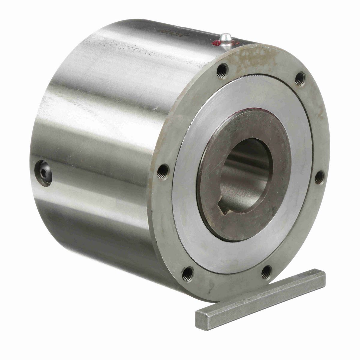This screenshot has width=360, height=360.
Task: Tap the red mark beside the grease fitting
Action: pos(215,44)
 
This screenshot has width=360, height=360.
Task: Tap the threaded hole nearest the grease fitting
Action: pos(222,71)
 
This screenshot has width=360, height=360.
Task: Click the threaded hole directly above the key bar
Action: pos(266,272)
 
